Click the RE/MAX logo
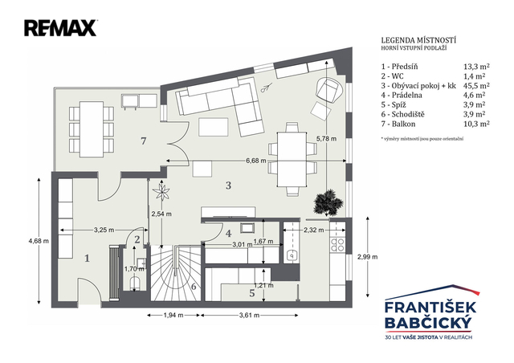60,28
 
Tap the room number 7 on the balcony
143,141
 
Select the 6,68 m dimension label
256,161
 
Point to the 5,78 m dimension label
327,139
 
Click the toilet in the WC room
136,283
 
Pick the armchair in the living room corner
329,89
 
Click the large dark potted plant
328,202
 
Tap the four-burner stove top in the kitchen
337,245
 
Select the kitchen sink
291,255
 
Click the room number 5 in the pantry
251,293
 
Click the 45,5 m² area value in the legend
476,86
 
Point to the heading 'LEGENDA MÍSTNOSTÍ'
418,40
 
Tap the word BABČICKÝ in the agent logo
428,323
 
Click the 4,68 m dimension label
39,241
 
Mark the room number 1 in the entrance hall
87,259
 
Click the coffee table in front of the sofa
214,127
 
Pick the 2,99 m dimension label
367,257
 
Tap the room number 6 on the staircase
194,287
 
